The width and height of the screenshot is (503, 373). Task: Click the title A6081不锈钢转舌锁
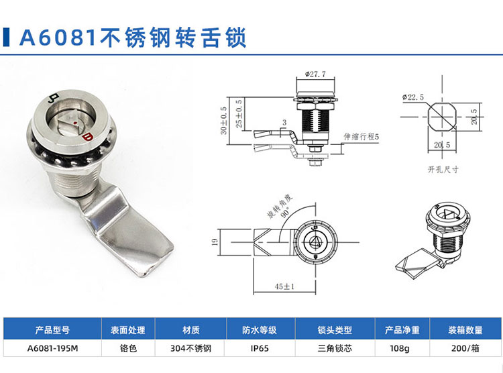133,38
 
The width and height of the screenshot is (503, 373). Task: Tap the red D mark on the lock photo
87,138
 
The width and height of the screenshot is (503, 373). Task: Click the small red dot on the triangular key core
74,123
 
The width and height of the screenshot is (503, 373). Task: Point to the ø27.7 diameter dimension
315,74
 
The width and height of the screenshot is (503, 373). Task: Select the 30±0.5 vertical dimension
223,120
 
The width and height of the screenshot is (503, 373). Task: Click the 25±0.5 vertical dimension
239,113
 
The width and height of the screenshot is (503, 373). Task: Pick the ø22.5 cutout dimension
413,97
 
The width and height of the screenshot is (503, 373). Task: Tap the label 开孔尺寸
443,170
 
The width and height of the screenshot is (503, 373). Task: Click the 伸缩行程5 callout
361,136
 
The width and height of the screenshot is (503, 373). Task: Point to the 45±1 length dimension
284,286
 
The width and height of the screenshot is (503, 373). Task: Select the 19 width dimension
215,242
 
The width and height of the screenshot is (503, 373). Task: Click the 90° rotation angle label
286,212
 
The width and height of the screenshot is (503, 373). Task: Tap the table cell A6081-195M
52,348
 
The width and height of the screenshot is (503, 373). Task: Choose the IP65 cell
260,348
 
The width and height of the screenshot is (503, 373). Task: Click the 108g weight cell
400,348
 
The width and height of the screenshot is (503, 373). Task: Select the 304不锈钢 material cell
191,348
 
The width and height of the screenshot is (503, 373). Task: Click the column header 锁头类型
335,330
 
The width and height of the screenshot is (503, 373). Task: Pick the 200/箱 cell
465,348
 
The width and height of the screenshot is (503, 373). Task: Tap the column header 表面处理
128,330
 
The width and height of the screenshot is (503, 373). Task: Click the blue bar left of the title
6,38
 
